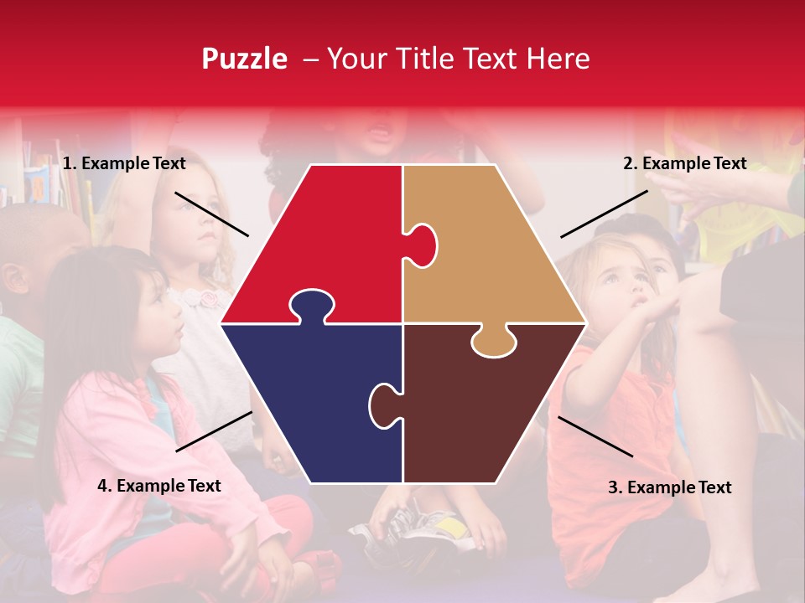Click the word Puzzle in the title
[244, 59]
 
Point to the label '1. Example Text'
[124, 163]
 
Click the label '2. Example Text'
[684, 163]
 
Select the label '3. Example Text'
[669, 487]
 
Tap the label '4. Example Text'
[159, 486]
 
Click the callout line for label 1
[211, 214]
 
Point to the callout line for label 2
[604, 214]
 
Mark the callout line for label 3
[595, 436]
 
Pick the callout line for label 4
[214, 431]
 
